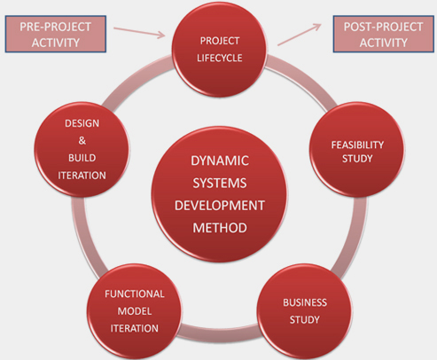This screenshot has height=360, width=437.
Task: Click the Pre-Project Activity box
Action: pos(56,34)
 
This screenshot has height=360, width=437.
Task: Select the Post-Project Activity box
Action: pos(384,34)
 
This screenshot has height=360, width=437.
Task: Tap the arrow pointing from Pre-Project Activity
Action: pos(139,33)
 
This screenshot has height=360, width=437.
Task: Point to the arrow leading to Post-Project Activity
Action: pos(300,35)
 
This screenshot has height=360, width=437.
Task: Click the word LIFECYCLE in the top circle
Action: pos(220,58)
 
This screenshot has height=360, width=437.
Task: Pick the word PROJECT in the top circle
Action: pos(220,41)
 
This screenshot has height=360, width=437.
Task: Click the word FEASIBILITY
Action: pos(357,145)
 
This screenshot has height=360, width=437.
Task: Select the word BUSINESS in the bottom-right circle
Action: pos(305,302)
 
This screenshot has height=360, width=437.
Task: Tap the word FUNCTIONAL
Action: pos(135,293)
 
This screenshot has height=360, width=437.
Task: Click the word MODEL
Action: pos(135,311)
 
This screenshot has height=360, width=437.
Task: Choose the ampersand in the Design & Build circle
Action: pos(82,141)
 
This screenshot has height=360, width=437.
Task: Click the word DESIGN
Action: pos(82,123)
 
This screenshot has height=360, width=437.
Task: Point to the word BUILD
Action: pos(82,158)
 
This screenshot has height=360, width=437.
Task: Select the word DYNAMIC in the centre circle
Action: pos(220,160)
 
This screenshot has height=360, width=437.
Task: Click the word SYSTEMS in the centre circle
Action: pos(220,183)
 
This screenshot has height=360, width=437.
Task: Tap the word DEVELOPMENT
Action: pos(220,206)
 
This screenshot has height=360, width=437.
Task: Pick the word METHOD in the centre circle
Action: pos(220,228)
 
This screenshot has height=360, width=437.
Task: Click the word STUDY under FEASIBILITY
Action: pos(357,159)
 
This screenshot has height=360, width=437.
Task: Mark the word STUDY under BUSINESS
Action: pos(305,319)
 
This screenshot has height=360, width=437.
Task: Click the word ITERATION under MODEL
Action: pos(135,328)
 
